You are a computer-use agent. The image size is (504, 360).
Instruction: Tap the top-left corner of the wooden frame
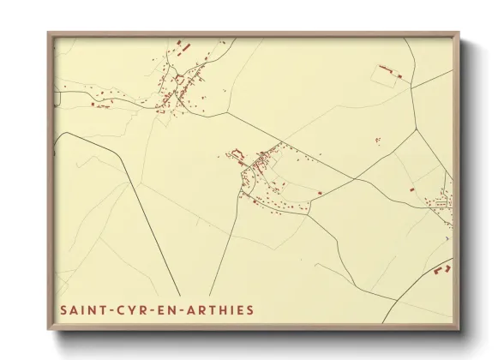coord(49,33)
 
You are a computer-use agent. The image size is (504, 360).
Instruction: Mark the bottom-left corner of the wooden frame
coord(49,329)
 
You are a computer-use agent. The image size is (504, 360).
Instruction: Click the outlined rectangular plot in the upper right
coord(387,75)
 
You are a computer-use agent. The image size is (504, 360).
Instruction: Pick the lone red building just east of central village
coord(320,193)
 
